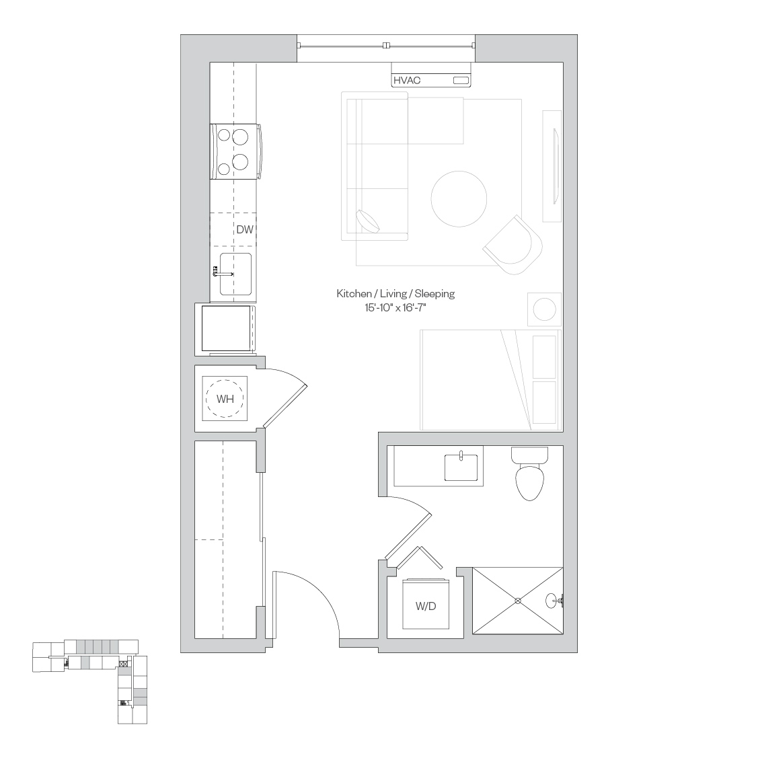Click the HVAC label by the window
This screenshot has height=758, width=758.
point(406,80)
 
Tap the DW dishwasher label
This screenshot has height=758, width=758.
point(245,229)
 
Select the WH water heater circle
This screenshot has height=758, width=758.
point(225,399)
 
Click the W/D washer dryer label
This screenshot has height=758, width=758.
point(426,606)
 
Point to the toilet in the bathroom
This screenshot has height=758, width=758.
point(530,473)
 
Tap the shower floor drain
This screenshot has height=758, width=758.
point(518,601)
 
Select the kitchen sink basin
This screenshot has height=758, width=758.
point(235,274)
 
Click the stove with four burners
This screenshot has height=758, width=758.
point(236,152)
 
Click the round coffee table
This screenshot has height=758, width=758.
point(459,198)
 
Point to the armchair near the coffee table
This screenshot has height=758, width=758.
point(513,245)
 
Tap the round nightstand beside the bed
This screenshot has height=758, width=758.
point(544,309)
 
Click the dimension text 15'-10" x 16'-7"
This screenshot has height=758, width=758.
point(395,307)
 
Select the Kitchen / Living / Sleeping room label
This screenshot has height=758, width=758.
point(395,293)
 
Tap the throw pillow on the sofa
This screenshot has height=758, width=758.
point(368,221)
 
